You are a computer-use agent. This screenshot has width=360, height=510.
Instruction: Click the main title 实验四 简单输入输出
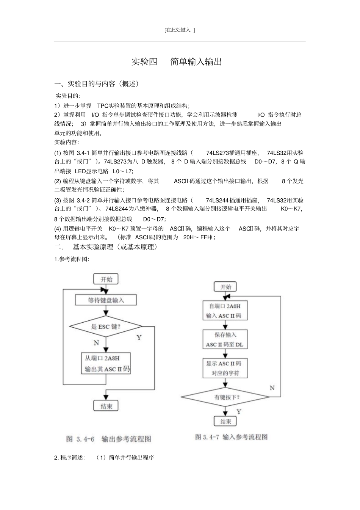point(177,62)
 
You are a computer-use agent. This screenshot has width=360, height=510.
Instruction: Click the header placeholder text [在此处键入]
point(180,30)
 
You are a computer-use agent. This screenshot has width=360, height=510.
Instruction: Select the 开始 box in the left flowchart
point(106,279)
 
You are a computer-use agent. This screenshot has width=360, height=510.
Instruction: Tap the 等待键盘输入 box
point(106,300)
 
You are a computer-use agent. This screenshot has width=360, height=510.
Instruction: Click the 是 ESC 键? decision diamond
point(106,326)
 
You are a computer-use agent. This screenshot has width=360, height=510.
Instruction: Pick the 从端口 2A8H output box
point(106,363)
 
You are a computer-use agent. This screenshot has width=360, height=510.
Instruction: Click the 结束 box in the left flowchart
point(106,406)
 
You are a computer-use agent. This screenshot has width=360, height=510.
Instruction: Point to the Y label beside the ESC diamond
point(139,337)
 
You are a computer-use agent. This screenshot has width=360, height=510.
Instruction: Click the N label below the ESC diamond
point(96,343)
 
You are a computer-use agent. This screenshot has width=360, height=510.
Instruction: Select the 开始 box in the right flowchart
point(225,287)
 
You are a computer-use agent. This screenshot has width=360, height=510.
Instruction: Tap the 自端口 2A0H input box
point(225,311)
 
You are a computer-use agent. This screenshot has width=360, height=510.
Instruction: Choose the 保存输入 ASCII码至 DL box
point(225,339)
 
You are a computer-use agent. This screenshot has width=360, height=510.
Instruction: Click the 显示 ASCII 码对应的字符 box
point(225,368)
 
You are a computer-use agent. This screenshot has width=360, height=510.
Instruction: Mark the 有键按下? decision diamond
point(225,397)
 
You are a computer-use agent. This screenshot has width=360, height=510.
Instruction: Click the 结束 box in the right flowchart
point(225,421)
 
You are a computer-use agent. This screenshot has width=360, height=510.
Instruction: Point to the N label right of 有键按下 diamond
point(272,388)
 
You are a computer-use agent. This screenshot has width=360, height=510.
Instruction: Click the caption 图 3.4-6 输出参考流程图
point(108,439)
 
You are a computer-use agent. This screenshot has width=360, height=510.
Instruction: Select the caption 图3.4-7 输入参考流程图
point(231,437)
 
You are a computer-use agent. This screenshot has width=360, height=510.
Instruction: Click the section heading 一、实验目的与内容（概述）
point(97,84)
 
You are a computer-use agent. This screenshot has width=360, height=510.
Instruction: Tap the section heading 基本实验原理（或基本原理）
point(115,247)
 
